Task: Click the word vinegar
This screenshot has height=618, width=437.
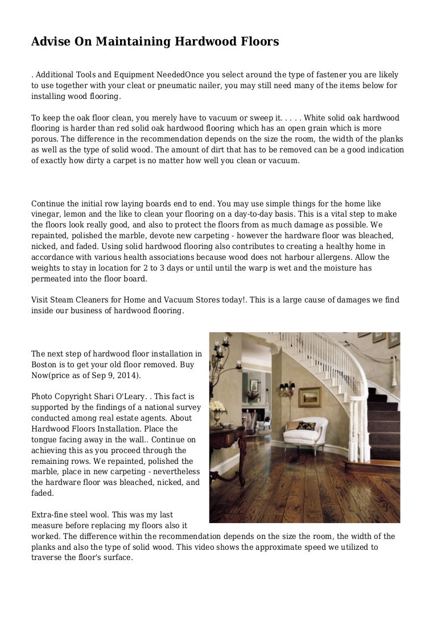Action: tap(46, 214)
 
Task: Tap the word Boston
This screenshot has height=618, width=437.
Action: tap(45, 364)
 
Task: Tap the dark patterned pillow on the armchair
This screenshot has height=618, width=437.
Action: tap(306, 426)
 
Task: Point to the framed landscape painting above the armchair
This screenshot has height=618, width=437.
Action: tap(309, 397)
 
